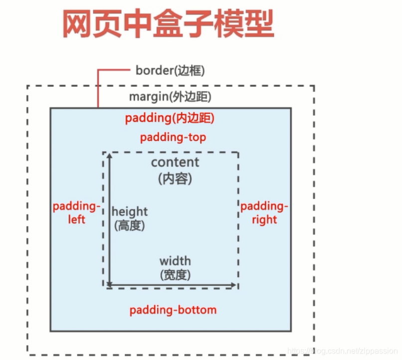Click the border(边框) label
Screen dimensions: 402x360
(170, 70)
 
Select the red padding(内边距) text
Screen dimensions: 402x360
(170, 118)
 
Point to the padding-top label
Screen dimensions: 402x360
(173, 137)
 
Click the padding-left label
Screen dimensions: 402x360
(76, 212)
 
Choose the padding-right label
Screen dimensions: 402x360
(264, 212)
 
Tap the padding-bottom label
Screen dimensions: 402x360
(173, 310)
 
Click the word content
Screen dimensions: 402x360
(175, 162)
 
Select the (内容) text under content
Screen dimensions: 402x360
(175, 178)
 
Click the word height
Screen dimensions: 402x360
(130, 211)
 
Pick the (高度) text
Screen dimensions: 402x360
(129, 225)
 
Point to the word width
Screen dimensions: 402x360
(175, 261)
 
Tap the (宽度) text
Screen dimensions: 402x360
(175, 274)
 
